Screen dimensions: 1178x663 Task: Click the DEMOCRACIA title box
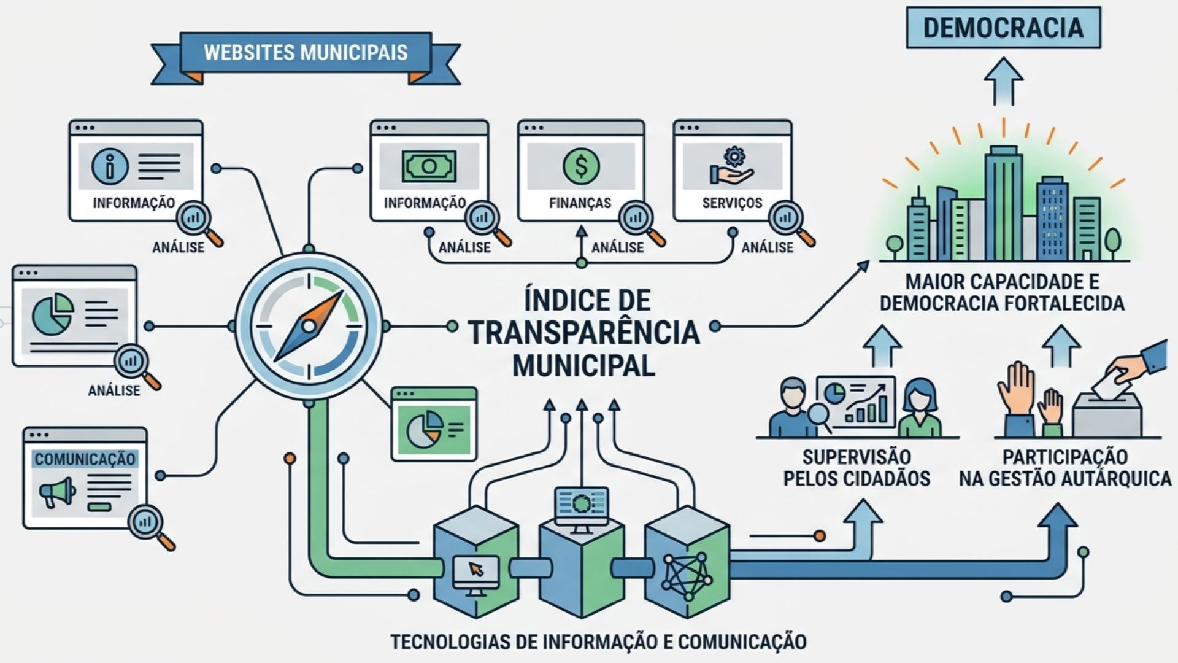pos(1004,28)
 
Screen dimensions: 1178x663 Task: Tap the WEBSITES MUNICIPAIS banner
pos(306,55)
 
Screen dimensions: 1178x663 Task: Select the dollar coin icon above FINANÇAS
pos(581,166)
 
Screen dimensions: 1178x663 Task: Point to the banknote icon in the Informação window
pos(429,166)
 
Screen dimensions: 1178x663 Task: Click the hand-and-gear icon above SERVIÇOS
pos(732,165)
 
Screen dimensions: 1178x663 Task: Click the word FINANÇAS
pos(580,203)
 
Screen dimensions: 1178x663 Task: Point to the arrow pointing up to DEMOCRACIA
pos(1004,82)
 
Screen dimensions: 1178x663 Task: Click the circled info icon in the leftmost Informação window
pos(110,165)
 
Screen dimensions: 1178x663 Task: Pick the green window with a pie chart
pos(434,424)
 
